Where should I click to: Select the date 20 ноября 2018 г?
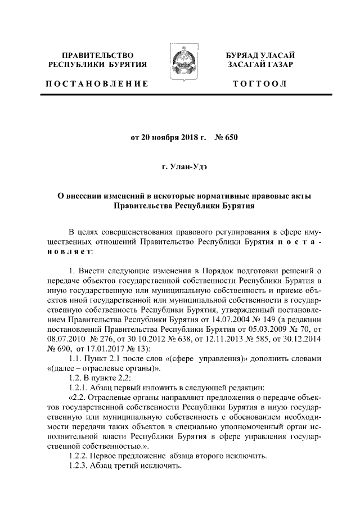coord(173,137)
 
